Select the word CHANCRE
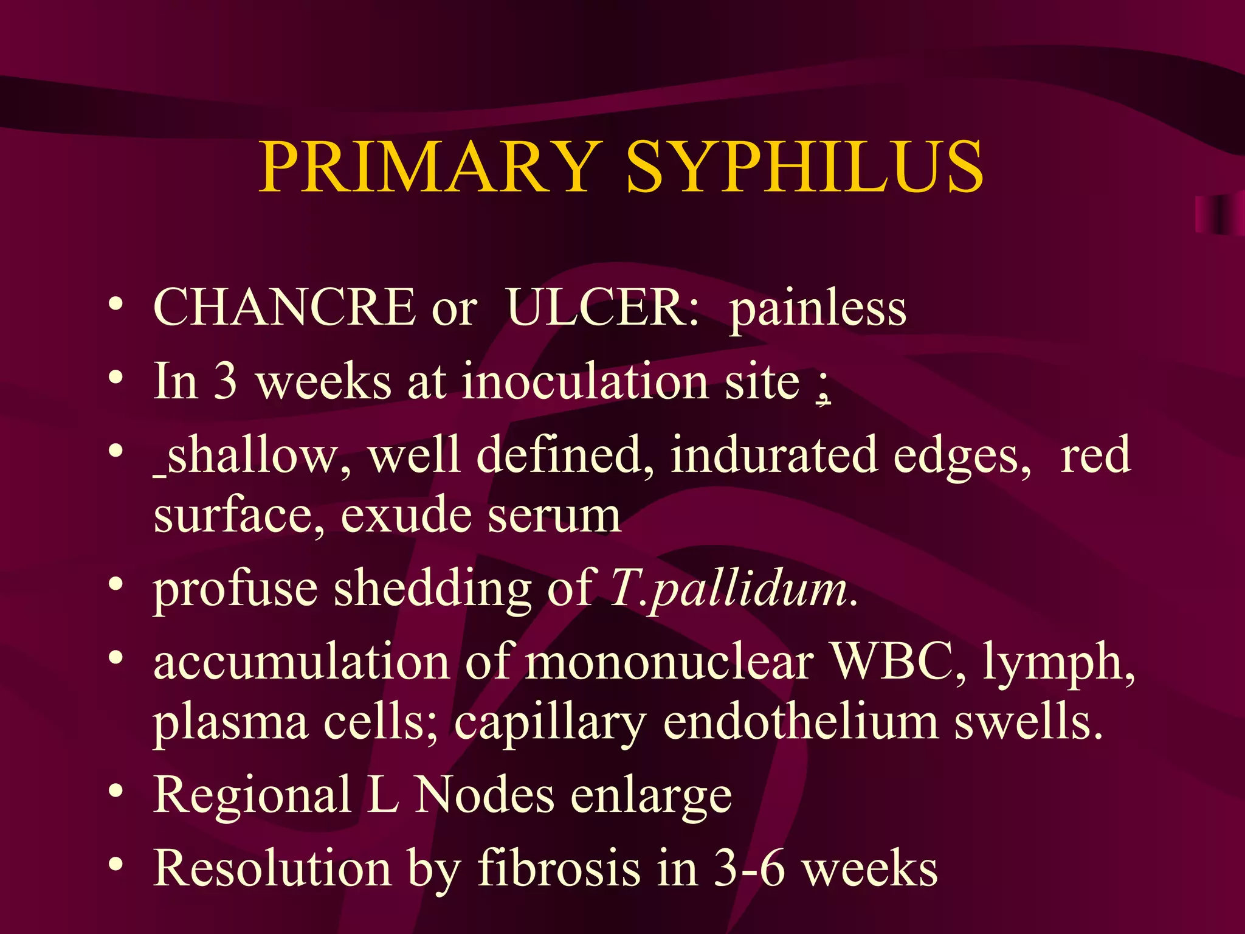click(284, 308)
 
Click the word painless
click(818, 309)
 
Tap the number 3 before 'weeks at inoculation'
click(226, 381)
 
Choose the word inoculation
click(584, 381)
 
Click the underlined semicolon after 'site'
click(823, 387)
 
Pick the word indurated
click(773, 455)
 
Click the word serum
click(554, 516)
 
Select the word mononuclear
click(669, 662)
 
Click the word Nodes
click(484, 795)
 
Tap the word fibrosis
click(559, 868)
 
